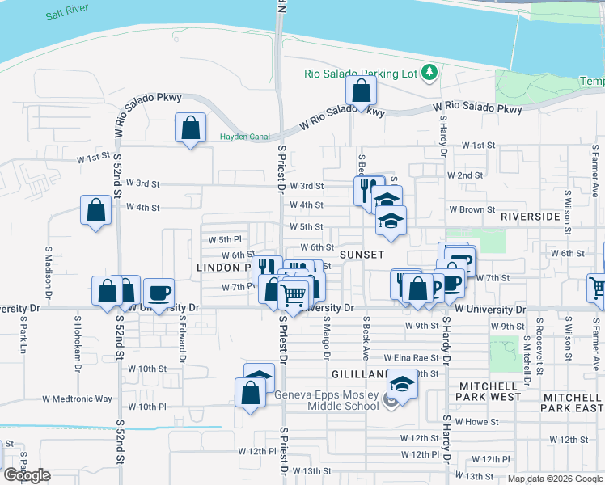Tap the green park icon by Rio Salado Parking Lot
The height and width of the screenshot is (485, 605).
pos(429,74)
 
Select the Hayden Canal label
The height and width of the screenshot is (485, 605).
pos(244,137)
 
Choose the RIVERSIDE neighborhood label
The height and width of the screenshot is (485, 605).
pos(530,217)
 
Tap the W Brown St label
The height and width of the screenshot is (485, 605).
pos(472,209)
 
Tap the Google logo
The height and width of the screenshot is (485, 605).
pos(27,476)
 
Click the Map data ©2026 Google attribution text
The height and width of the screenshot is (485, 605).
pos(555,479)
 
